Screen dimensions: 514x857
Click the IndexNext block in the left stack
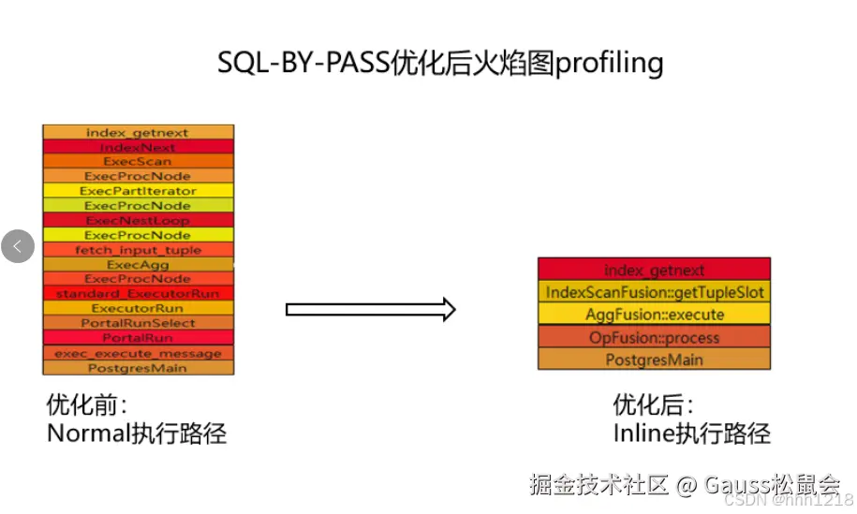(138, 147)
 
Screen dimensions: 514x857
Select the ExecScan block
(138, 161)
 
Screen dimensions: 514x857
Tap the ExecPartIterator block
(138, 191)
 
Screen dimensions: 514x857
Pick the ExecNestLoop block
(138, 220)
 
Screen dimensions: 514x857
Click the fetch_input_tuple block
(138, 250)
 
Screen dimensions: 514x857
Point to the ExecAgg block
(138, 265)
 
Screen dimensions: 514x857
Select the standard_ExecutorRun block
(138, 294)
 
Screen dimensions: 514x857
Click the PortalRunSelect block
(138, 323)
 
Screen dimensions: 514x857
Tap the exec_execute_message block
(138, 353)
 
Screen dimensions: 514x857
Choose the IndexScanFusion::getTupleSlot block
(654, 292)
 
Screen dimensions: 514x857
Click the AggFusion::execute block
(654, 315)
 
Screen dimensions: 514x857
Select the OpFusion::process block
(654, 337)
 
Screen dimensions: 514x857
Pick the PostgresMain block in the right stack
(654, 360)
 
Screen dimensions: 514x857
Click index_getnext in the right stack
(654, 270)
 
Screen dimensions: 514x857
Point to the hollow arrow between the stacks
(371, 309)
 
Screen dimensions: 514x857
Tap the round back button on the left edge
(18, 246)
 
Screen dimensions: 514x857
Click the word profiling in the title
(610, 63)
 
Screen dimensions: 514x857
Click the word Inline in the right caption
(643, 433)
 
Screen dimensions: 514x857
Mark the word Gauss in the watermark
(735, 485)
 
